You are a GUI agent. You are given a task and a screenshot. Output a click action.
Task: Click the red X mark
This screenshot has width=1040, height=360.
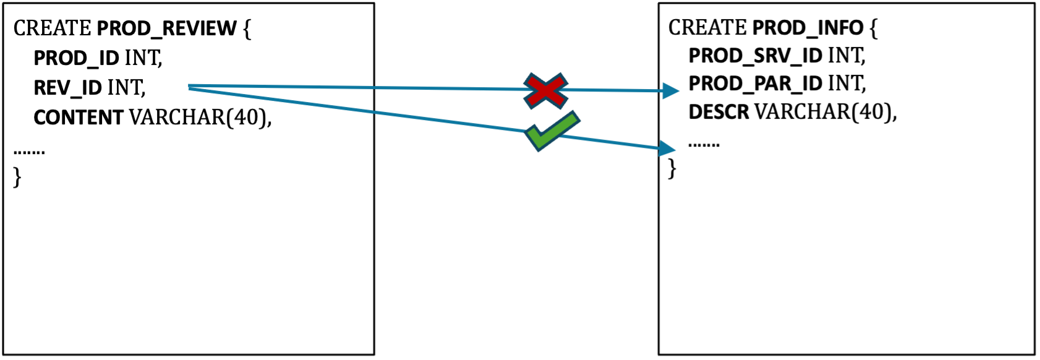[x=545, y=91]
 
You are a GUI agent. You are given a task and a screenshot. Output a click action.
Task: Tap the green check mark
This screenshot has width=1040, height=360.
[x=552, y=131]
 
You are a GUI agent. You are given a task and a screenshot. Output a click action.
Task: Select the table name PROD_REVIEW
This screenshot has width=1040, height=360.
[x=166, y=28]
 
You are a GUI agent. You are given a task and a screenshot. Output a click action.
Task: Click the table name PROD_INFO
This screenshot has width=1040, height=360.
[x=808, y=28]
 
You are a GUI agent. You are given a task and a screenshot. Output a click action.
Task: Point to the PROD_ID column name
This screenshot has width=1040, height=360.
[x=76, y=58]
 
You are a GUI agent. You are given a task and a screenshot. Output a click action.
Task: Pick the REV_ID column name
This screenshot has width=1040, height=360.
[x=67, y=88]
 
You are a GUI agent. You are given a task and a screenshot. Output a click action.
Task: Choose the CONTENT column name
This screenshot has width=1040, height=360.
[x=79, y=118]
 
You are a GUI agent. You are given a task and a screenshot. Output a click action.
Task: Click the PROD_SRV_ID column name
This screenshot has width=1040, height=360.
[x=755, y=56]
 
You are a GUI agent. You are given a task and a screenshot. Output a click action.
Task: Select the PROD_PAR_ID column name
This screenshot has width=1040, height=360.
[x=755, y=84]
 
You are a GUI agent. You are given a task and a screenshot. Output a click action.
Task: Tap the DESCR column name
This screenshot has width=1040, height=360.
[x=718, y=112]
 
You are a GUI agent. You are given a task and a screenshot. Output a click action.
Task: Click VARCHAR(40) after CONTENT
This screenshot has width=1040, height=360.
[x=200, y=118]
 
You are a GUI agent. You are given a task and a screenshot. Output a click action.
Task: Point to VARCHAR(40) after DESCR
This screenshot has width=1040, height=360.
[x=825, y=112]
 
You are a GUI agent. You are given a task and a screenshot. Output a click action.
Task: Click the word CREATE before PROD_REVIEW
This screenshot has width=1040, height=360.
[x=53, y=28]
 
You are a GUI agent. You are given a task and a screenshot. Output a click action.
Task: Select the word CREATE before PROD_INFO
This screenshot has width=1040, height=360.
[x=707, y=28]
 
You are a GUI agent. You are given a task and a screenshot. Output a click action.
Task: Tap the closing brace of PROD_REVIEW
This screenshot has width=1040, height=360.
[x=17, y=177]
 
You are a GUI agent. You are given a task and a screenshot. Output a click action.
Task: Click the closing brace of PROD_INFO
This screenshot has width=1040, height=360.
[x=672, y=168]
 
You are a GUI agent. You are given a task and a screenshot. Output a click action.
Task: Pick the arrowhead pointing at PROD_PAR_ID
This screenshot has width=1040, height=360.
[x=670, y=91]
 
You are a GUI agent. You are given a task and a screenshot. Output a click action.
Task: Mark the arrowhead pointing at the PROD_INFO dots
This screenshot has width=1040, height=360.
[x=667, y=148]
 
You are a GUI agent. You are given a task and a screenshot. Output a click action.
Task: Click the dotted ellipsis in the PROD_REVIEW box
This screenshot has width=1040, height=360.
[x=29, y=152]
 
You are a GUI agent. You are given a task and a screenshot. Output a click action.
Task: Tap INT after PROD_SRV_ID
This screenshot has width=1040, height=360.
[x=846, y=56]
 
